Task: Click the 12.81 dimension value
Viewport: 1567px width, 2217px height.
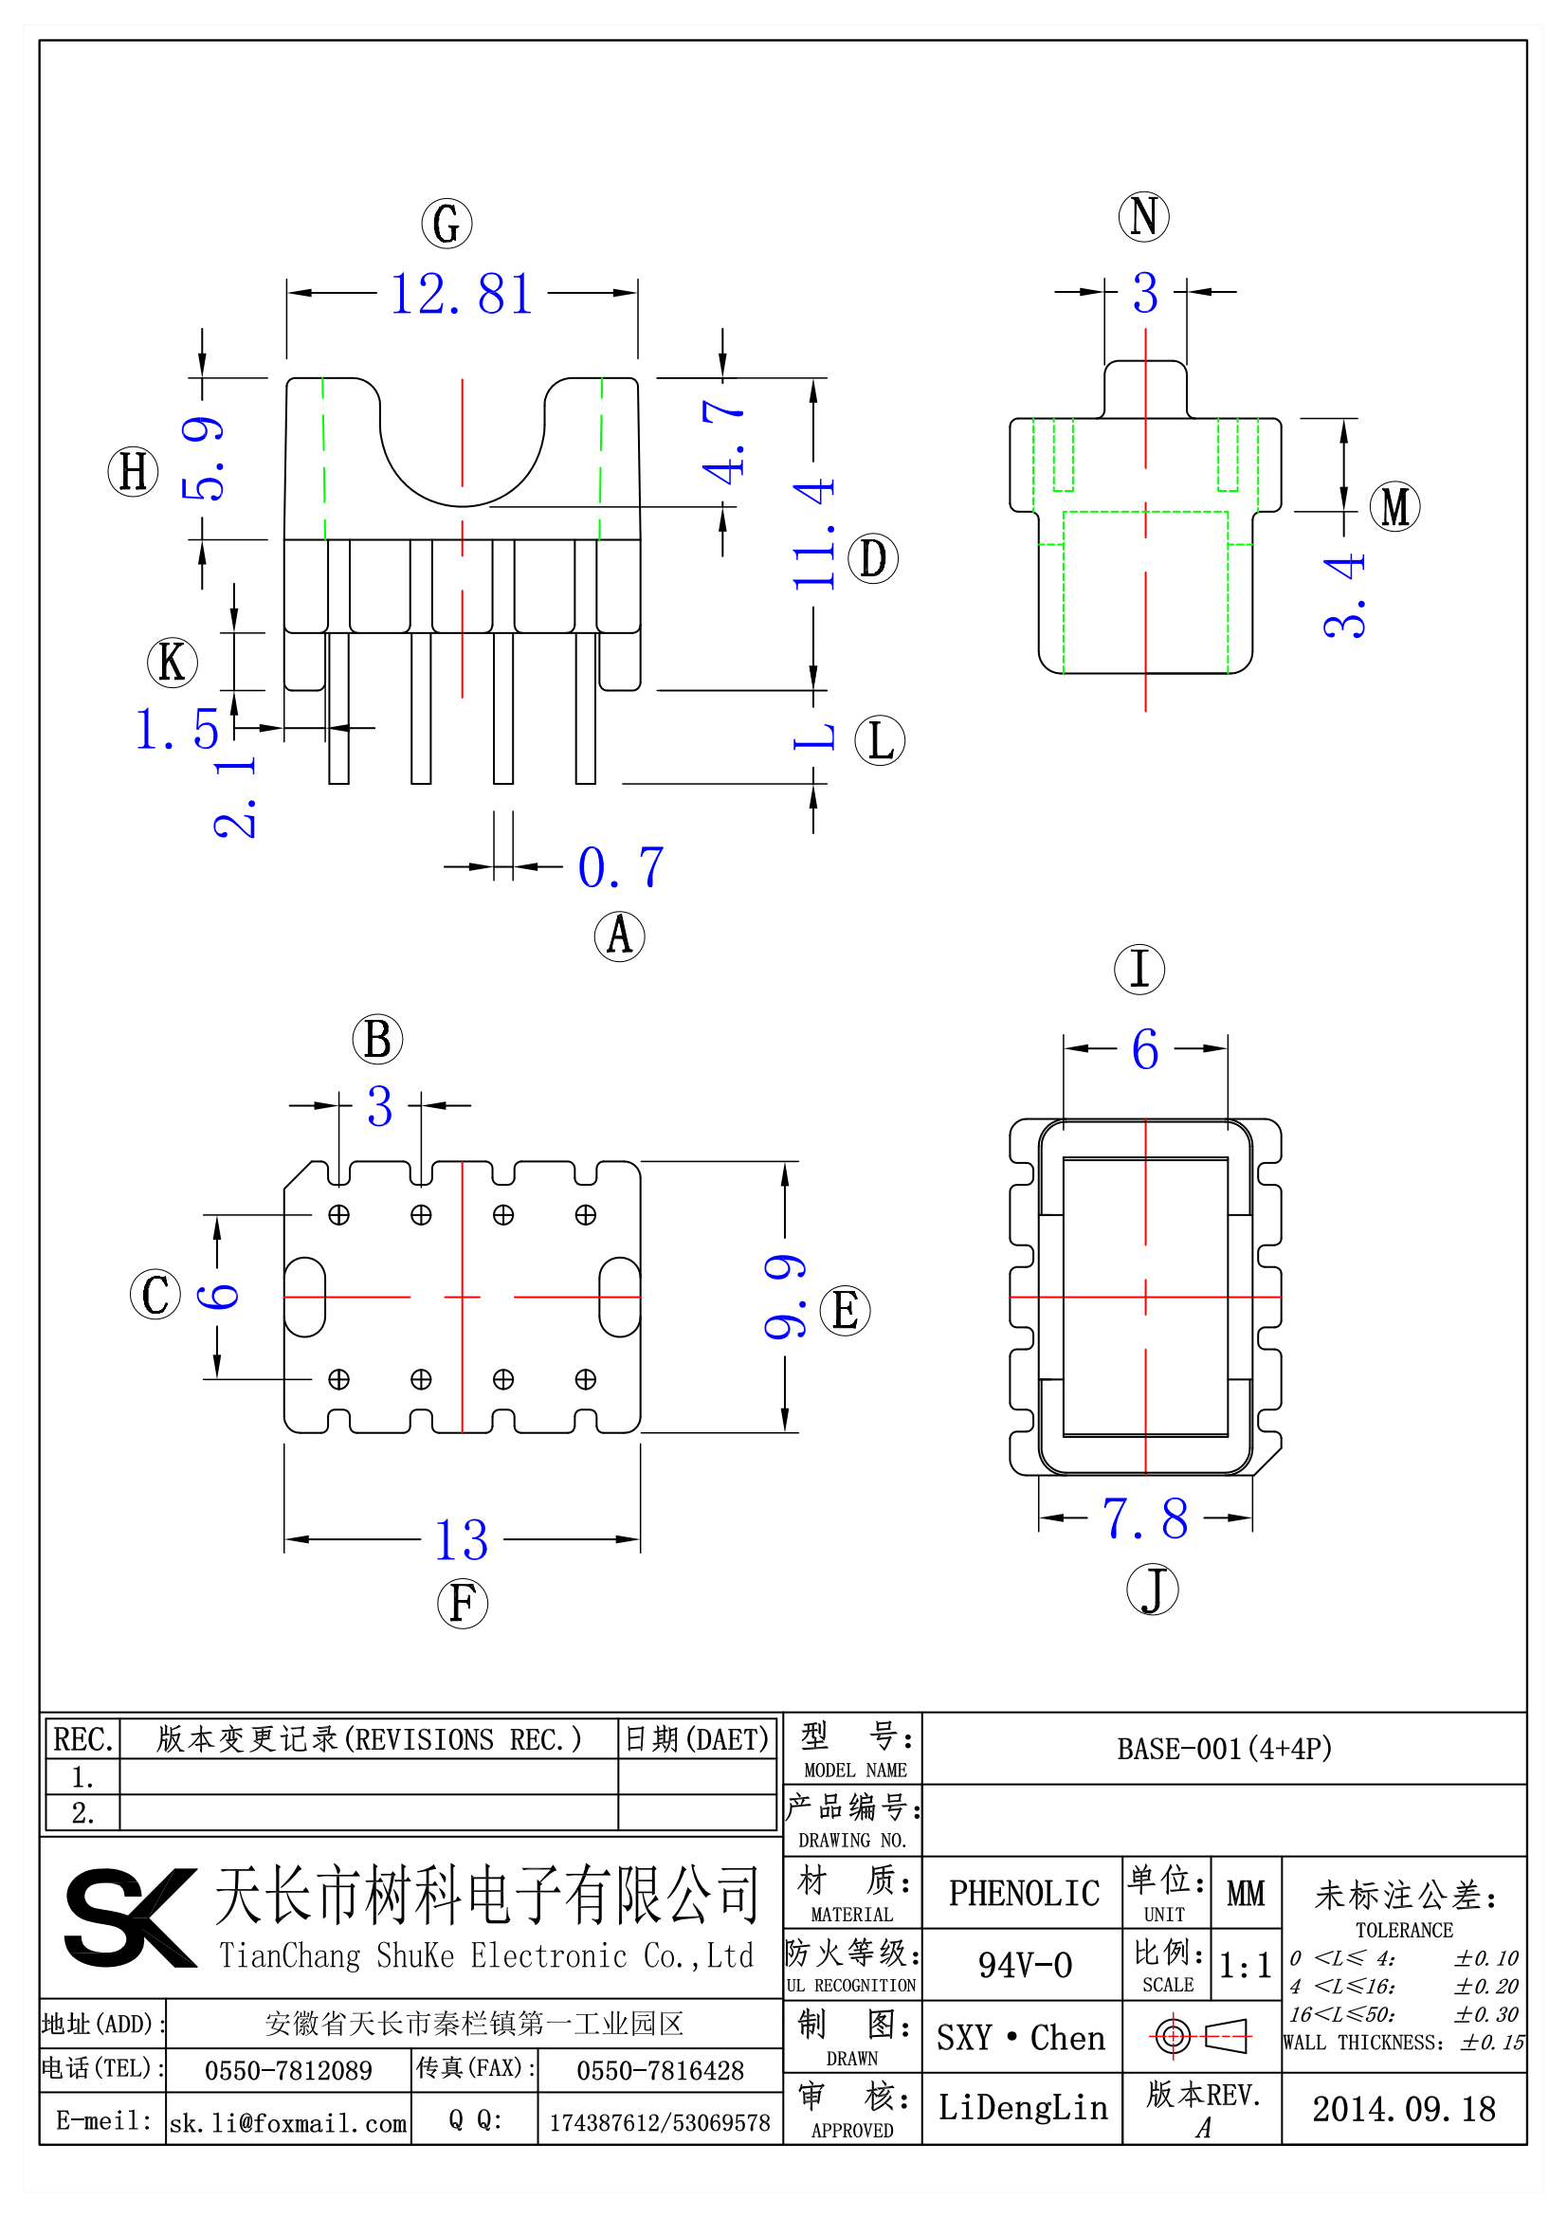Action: (x=462, y=294)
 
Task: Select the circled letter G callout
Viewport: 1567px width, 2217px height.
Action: (x=446, y=223)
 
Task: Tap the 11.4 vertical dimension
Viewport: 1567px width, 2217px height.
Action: (x=813, y=533)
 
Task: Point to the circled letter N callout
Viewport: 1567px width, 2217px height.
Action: (x=1143, y=215)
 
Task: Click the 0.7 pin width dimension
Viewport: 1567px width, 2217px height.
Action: (x=621, y=867)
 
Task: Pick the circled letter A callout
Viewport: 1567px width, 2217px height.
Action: (x=619, y=936)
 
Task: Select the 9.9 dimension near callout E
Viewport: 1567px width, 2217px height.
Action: (x=784, y=1297)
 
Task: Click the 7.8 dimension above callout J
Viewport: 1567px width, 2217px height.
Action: (x=1145, y=1518)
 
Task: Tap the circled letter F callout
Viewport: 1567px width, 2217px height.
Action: (x=462, y=1604)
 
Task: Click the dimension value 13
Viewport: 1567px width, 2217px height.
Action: (x=462, y=1540)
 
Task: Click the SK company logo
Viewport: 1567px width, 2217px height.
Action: (x=130, y=1917)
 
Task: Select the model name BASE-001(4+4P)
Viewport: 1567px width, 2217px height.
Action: (x=1224, y=1749)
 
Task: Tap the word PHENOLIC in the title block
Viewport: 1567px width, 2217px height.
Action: (x=1024, y=1894)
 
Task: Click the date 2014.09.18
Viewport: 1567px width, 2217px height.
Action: (x=1403, y=2109)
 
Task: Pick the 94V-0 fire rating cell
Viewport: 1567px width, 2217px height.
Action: (x=1024, y=1965)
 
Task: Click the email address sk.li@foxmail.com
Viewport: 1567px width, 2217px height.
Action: (x=288, y=2123)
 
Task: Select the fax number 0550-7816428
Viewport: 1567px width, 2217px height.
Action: (x=660, y=2070)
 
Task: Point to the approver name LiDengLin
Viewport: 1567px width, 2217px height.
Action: (x=1023, y=2108)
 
